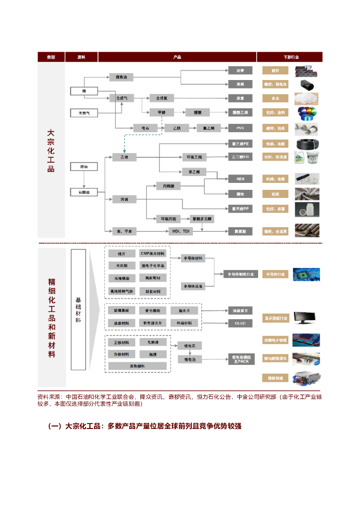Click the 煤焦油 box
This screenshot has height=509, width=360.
pyautogui.click(x=121, y=77)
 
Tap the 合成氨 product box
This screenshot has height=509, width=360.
pyautogui.click(x=161, y=98)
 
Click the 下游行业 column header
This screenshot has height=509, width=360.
pyautogui.click(x=290, y=57)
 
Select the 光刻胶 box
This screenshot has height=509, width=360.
pyautogui.click(x=122, y=265)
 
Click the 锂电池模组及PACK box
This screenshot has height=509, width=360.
pyautogui.click(x=240, y=359)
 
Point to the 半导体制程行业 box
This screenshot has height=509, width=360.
pyautogui.click(x=240, y=274)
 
